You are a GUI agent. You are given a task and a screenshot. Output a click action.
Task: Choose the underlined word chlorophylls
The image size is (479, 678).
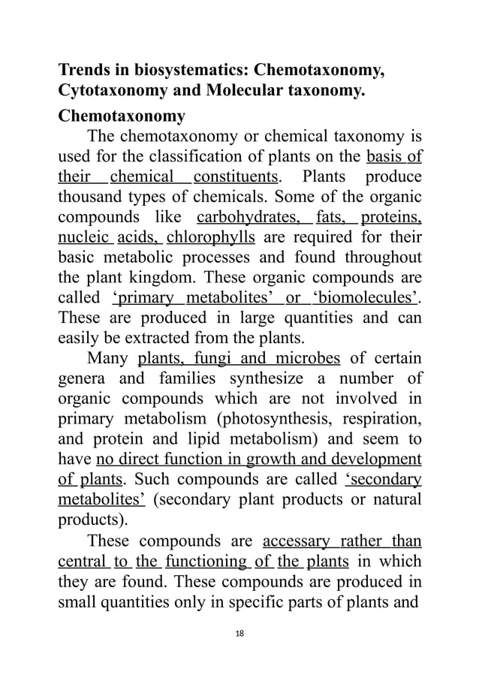(x=213, y=239)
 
